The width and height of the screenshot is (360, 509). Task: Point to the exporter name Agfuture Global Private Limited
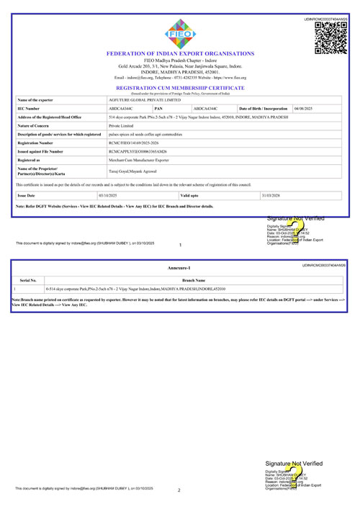pos(134,100)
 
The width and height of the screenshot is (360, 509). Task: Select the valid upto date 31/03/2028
pos(272,195)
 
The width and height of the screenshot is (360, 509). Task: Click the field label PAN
pos(158,108)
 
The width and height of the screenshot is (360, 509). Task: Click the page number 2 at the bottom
pos(179,492)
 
